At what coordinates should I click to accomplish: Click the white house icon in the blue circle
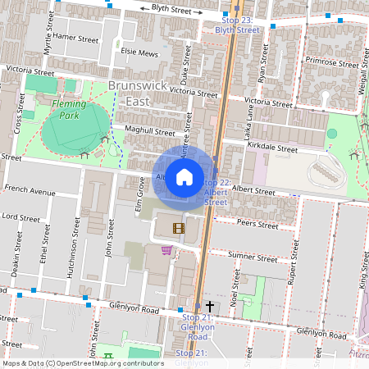click(184, 176)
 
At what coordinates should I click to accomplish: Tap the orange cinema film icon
click(179, 227)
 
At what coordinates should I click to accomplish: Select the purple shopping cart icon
click(166, 250)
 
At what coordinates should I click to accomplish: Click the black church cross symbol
click(210, 305)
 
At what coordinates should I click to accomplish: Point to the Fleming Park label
click(75, 104)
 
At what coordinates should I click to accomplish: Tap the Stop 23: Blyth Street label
click(236, 25)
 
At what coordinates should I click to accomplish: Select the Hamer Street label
click(76, 39)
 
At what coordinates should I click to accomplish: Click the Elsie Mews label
click(139, 52)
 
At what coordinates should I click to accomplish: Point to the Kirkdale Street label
click(271, 148)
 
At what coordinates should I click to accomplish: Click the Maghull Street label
click(150, 131)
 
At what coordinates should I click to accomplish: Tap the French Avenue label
click(30, 192)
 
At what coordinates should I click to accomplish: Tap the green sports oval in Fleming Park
click(75, 127)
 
